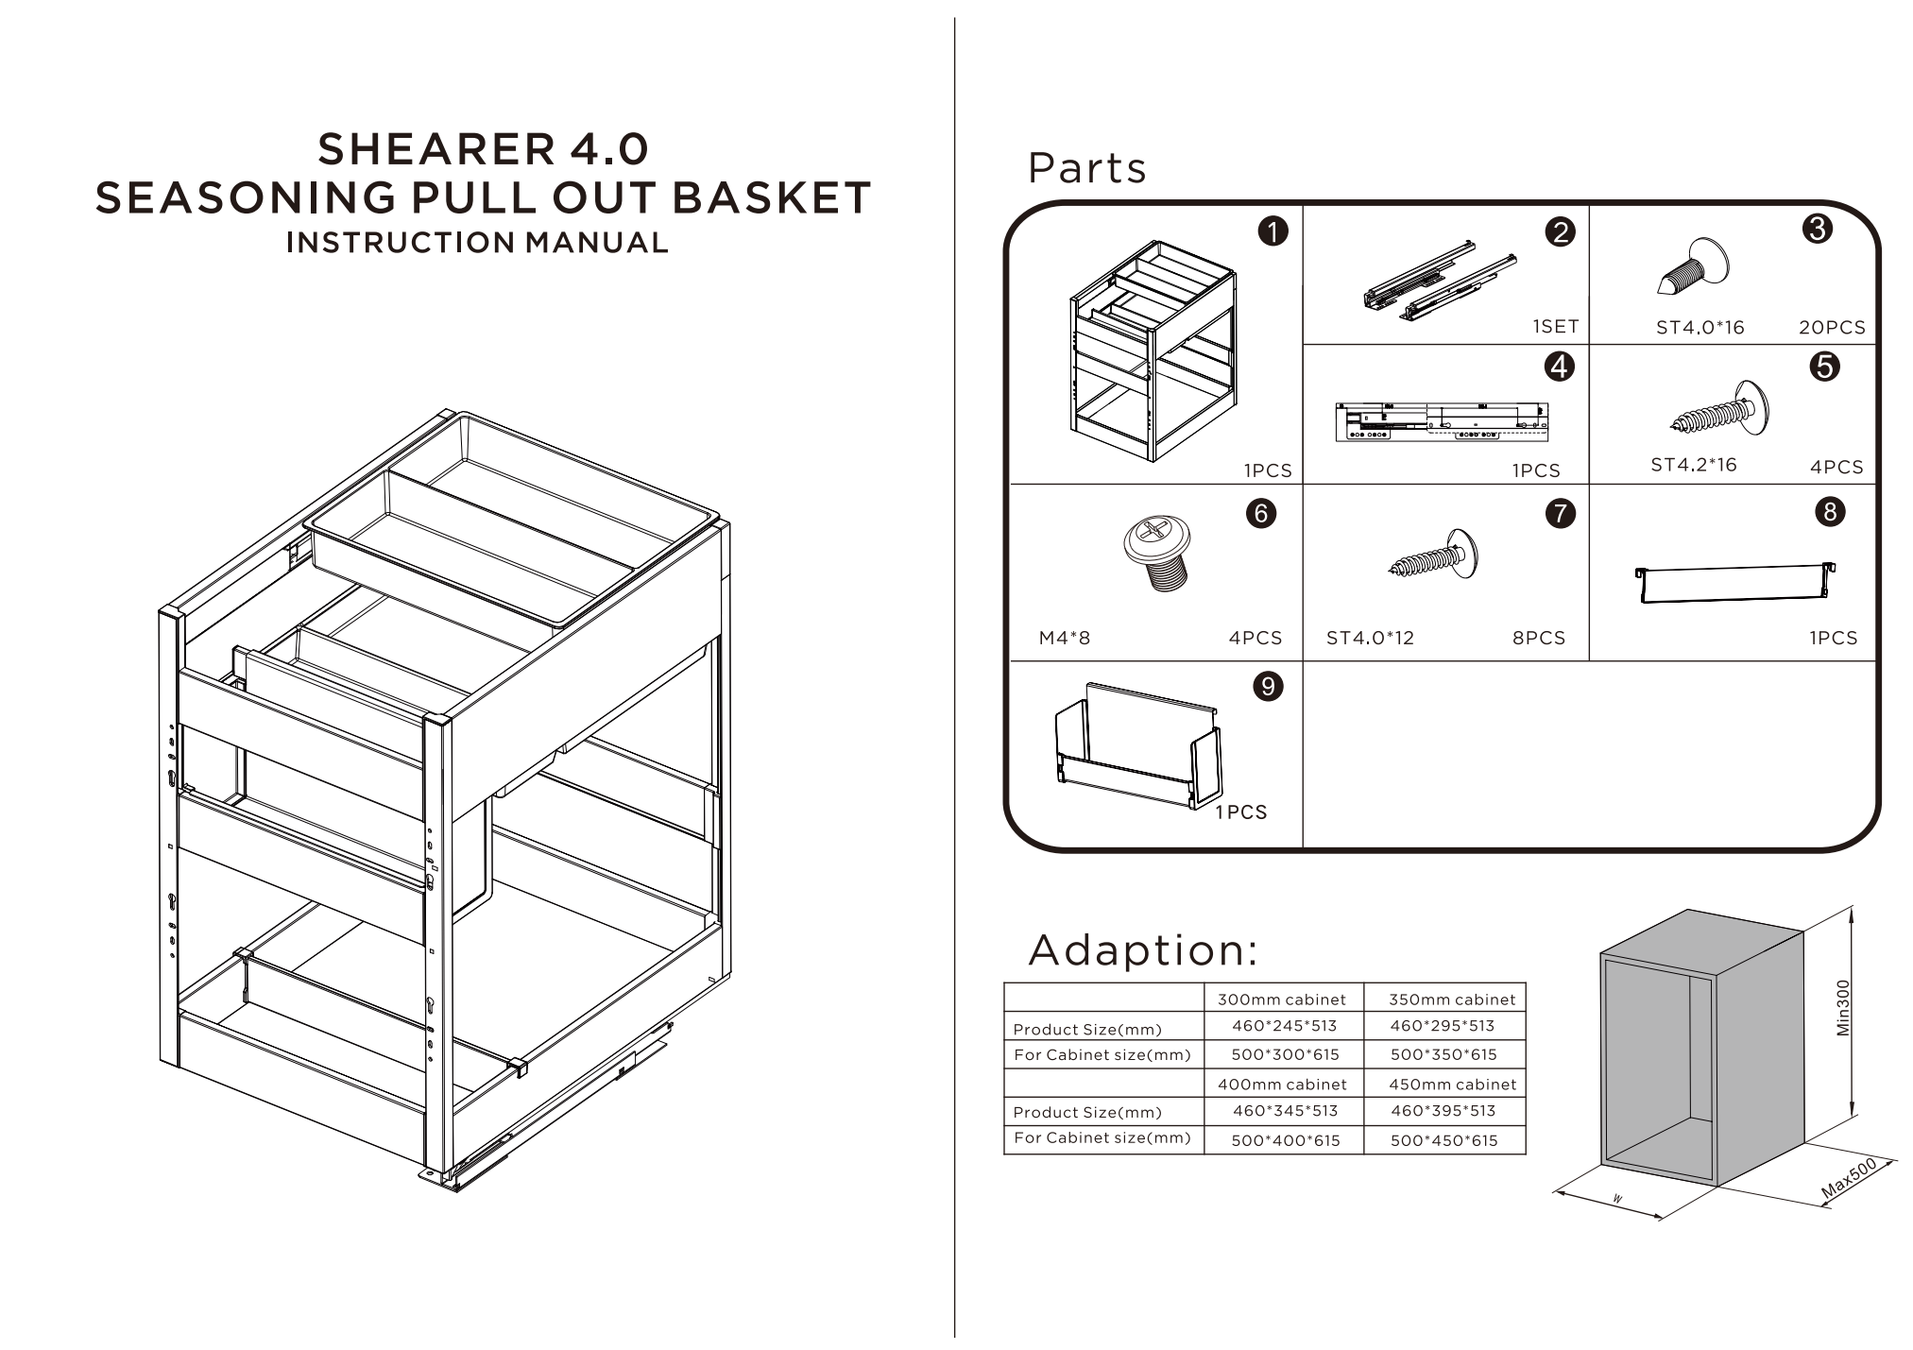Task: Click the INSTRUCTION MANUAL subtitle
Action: [x=477, y=243]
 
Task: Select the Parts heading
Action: [x=1086, y=168]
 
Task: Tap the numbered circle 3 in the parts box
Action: [x=1817, y=229]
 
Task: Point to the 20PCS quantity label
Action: [x=1831, y=328]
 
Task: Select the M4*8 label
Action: [x=1064, y=638]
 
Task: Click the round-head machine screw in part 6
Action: [x=1156, y=551]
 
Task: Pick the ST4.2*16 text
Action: [x=1693, y=465]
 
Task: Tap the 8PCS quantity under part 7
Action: [x=1538, y=638]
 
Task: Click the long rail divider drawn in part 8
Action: [x=1734, y=583]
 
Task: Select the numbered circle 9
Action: [x=1268, y=686]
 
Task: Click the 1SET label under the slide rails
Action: [x=1555, y=327]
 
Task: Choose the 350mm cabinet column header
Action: [x=1451, y=1000]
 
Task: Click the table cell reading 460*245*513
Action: [x=1284, y=1026]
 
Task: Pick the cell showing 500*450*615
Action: [x=1443, y=1140]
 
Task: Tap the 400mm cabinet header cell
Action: [x=1281, y=1085]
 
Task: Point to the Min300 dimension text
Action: [x=1843, y=1008]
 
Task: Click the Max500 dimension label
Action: [x=1849, y=1179]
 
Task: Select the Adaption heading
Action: [x=1143, y=950]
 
